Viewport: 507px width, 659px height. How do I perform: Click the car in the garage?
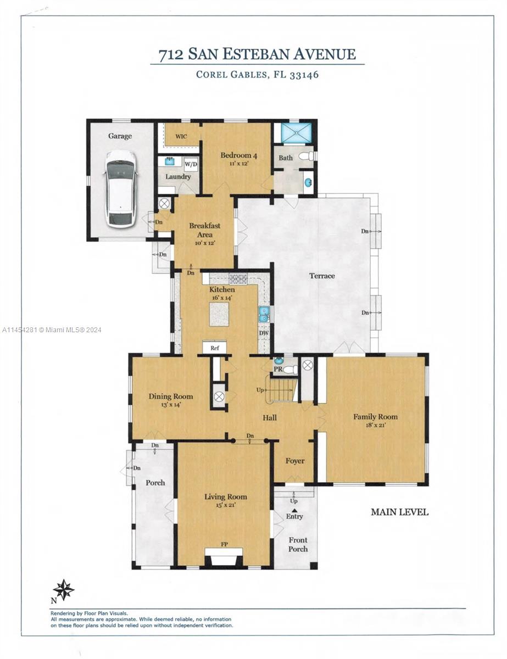120,188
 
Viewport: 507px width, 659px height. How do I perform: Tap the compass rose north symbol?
63,590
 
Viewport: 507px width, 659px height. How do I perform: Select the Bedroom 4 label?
238,155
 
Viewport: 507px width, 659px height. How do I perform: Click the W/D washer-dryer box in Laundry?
191,164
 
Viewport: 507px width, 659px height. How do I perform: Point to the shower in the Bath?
296,133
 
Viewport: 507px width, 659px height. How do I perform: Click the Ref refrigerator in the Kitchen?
214,348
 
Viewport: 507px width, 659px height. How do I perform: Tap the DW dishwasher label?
263,333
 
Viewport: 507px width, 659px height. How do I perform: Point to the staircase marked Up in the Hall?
281,389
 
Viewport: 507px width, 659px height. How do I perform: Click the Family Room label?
375,417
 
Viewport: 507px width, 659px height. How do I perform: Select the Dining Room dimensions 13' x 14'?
170,405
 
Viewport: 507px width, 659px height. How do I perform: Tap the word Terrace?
322,276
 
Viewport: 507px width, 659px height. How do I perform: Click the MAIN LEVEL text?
399,512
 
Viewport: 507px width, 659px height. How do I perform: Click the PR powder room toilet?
288,370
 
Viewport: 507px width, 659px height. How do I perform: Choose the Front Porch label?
298,544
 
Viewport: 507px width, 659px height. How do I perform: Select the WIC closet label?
181,136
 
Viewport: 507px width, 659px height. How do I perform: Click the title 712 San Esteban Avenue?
257,54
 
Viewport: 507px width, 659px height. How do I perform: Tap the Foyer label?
295,461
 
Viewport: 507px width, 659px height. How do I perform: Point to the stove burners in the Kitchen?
238,278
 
